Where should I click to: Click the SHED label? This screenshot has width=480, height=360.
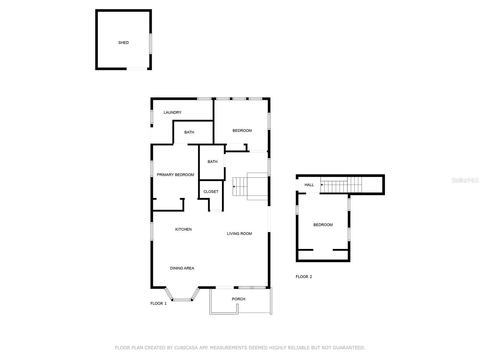click(123, 43)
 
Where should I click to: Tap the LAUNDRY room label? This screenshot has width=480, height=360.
click(172, 112)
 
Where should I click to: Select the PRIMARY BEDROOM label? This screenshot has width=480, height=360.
click(175, 175)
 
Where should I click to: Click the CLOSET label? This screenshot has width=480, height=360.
click(211, 192)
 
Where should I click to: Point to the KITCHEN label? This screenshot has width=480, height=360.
click(183, 229)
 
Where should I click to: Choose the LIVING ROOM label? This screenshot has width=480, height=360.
click(239, 234)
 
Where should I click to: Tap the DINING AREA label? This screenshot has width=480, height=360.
click(182, 268)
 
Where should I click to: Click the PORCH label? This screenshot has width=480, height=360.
click(238, 299)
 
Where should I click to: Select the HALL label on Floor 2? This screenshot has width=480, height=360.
click(309, 185)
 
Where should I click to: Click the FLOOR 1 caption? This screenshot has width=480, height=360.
click(158, 303)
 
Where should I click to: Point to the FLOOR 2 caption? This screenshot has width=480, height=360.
click(304, 277)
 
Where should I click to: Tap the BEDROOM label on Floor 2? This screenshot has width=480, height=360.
click(323, 225)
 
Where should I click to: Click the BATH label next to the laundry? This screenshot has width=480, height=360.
click(189, 132)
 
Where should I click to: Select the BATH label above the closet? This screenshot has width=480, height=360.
click(212, 161)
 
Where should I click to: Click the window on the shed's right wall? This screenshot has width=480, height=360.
click(151, 44)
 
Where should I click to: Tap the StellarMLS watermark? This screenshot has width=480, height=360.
click(465, 180)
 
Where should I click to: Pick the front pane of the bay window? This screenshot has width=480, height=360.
click(182, 300)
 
